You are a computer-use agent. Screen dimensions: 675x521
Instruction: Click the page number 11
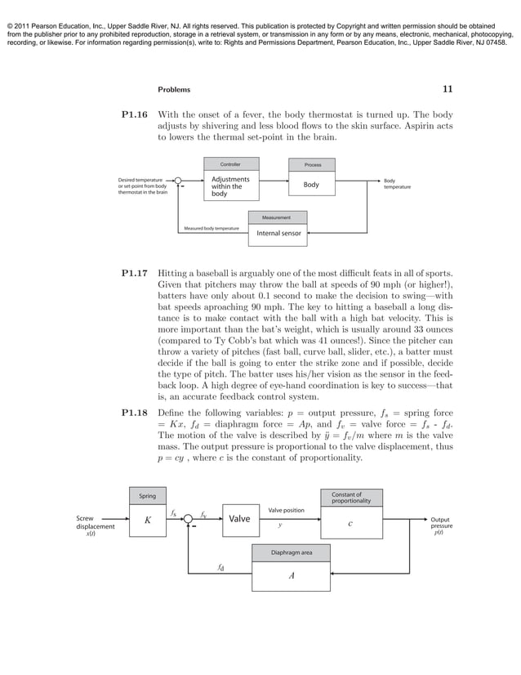tap(447, 89)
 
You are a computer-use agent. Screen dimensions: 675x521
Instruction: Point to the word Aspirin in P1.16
tap(410, 126)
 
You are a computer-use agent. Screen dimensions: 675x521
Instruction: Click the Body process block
tap(312, 186)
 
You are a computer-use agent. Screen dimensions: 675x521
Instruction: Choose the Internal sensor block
tap(278, 234)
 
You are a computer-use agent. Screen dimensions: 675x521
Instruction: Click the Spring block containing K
tap(147, 520)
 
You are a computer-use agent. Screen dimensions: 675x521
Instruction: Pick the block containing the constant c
tap(350, 524)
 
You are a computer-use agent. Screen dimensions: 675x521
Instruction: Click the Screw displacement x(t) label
tap(96, 526)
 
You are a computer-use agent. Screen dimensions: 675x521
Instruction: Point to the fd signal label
tap(220, 565)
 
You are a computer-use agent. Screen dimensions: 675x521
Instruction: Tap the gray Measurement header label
tap(278, 217)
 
